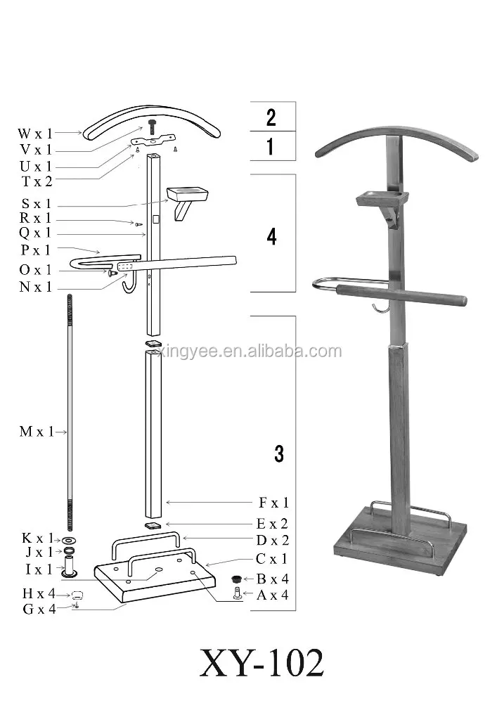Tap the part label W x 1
(x=35, y=132)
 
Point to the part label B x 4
(x=272, y=579)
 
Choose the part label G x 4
(x=39, y=609)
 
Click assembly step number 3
(x=279, y=454)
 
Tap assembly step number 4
(x=272, y=237)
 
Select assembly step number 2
(x=271, y=117)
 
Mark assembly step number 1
(x=271, y=148)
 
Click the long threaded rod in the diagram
(x=71, y=415)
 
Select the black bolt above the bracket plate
(x=152, y=127)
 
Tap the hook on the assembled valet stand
(x=380, y=309)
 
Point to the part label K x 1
(x=36, y=538)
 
